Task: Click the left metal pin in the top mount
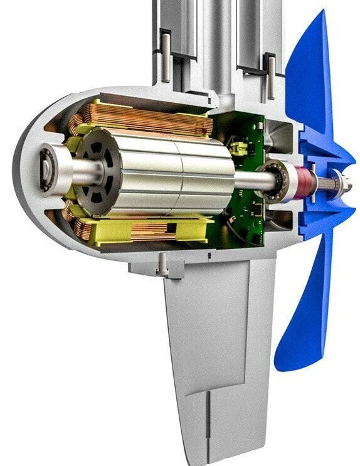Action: (x=166, y=56)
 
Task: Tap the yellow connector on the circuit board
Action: (x=239, y=149)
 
